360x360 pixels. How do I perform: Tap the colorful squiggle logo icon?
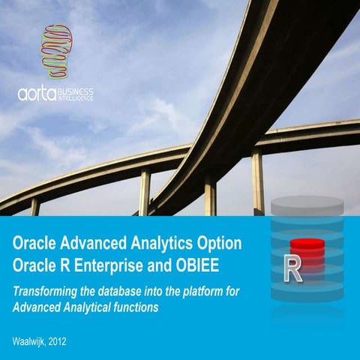[x=55, y=49]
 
